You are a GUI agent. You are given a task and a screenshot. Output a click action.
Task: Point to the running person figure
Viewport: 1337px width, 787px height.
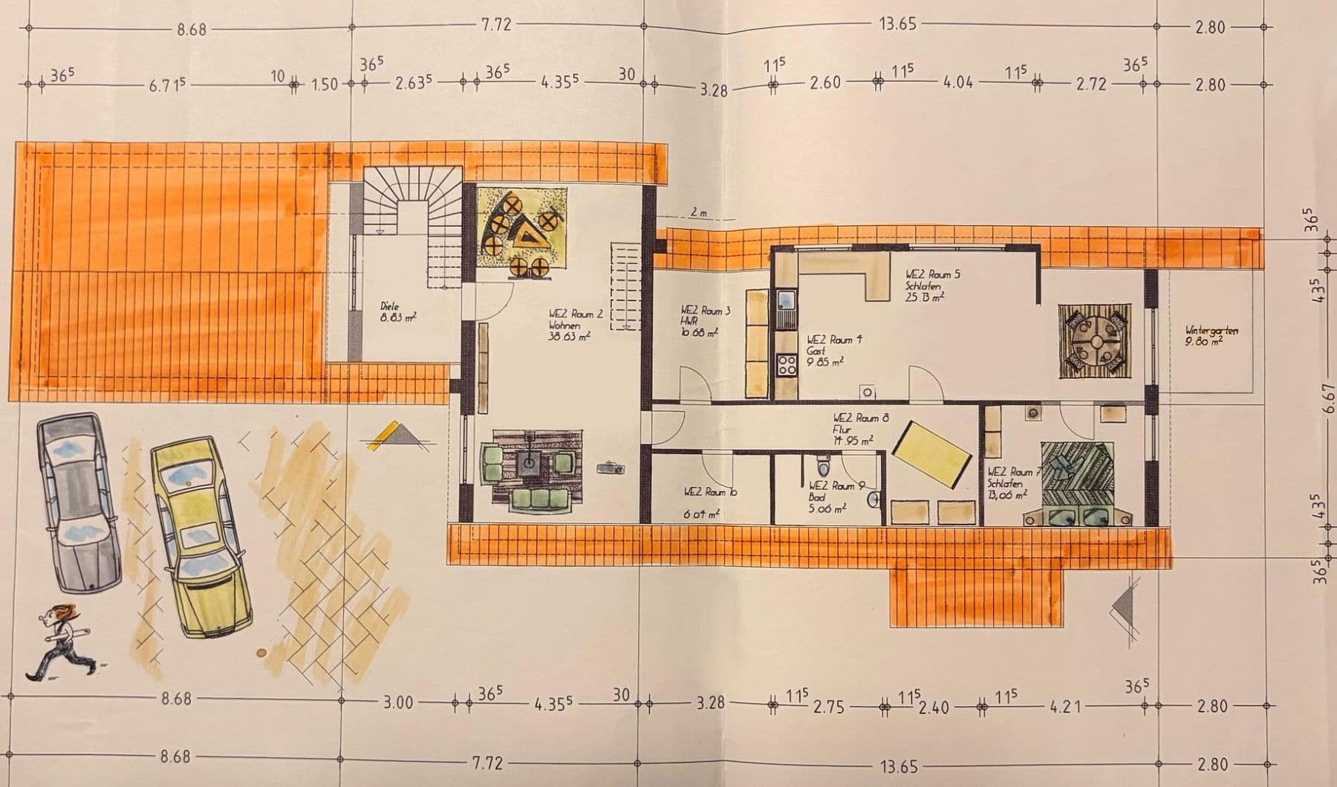click(x=58, y=639)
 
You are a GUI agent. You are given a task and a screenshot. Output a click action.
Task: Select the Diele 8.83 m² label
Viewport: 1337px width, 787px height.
click(x=398, y=311)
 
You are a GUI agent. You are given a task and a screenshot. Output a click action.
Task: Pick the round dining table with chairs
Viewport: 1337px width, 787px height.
click(x=1095, y=340)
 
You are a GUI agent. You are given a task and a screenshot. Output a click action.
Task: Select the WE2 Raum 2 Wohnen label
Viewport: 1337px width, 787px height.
click(x=575, y=325)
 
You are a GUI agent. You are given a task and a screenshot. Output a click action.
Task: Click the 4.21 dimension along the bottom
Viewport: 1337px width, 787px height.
click(x=1065, y=706)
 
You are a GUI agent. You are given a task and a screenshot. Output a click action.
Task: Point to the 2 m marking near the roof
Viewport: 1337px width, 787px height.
click(x=698, y=213)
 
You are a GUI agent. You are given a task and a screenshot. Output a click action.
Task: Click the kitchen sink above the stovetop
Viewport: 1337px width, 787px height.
click(x=786, y=300)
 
